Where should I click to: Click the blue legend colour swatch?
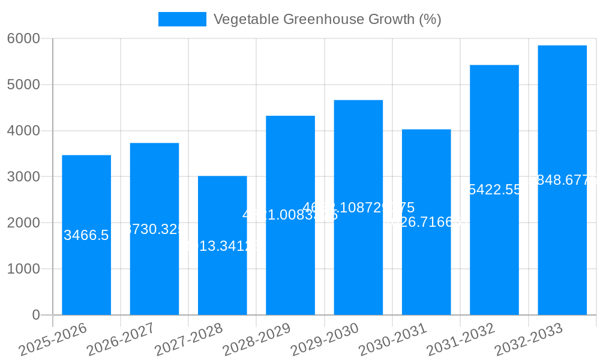click(x=182, y=19)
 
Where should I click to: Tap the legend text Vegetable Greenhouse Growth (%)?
click(x=327, y=19)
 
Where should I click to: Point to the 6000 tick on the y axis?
click(x=23, y=38)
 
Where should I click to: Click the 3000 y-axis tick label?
click(x=23, y=177)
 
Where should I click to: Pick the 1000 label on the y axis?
click(x=23, y=269)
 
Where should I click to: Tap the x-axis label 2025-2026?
click(x=53, y=339)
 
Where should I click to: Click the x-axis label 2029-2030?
click(x=325, y=339)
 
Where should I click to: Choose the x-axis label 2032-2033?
click(x=529, y=339)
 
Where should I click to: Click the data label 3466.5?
click(x=86, y=235)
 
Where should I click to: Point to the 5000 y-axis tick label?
click(x=23, y=85)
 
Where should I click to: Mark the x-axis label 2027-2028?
click(x=190, y=339)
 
